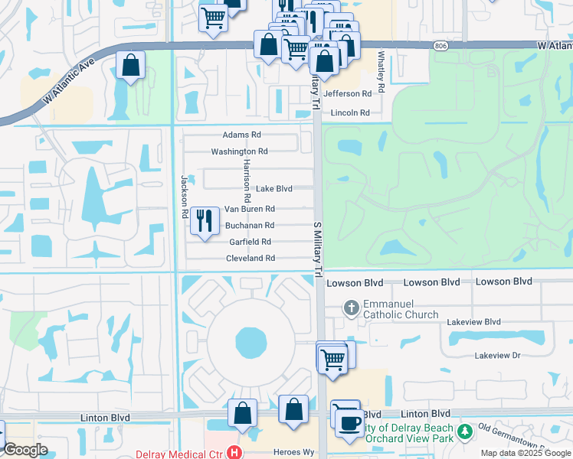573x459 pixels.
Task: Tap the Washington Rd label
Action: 239,151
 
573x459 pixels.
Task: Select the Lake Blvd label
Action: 274,188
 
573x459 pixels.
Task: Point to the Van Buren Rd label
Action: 249,209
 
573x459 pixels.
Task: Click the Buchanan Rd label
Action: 250,226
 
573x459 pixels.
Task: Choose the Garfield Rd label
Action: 250,242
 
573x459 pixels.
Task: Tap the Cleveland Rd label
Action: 250,259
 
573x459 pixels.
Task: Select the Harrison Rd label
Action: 247,181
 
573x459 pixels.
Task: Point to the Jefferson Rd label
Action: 348,93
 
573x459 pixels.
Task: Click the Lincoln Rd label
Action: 351,113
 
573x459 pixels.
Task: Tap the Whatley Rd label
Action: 380,68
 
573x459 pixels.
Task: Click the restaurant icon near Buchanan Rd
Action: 204,221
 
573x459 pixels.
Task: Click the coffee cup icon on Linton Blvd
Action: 349,423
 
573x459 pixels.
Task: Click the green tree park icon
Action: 464,433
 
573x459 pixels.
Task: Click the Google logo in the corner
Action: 26,450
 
